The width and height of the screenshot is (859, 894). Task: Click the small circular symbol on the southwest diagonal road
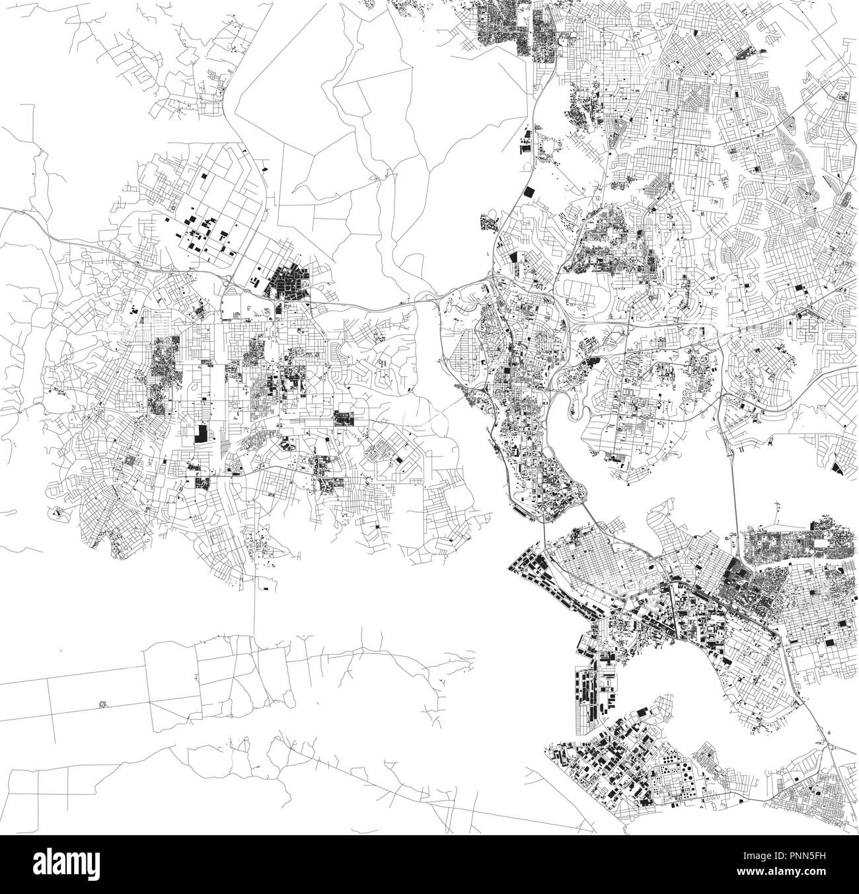coord(102,704)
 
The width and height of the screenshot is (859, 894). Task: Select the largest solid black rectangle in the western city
coord(200,433)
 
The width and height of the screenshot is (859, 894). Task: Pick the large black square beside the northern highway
coord(529,192)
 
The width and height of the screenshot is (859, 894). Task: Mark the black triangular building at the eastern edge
coord(837,468)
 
